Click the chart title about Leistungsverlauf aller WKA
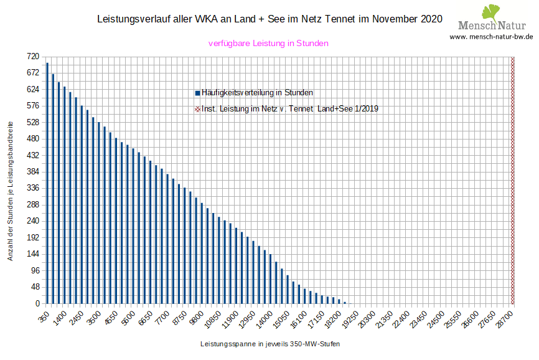pyautogui.click(x=270, y=19)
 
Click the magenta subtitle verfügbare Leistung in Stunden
pyautogui.click(x=268, y=44)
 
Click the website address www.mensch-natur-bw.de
pyautogui.click(x=491, y=37)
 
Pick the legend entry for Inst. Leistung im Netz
pyautogui.click(x=290, y=108)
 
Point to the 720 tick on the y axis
pyautogui.click(x=33, y=56)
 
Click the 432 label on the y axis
pyautogui.click(x=33, y=155)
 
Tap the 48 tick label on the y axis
pyautogui.click(x=35, y=287)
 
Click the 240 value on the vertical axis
pyautogui.click(x=33, y=221)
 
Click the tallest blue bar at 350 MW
pyautogui.click(x=47, y=183)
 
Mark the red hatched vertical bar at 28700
pyautogui.click(x=512, y=180)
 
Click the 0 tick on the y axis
pyautogui.click(x=37, y=304)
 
